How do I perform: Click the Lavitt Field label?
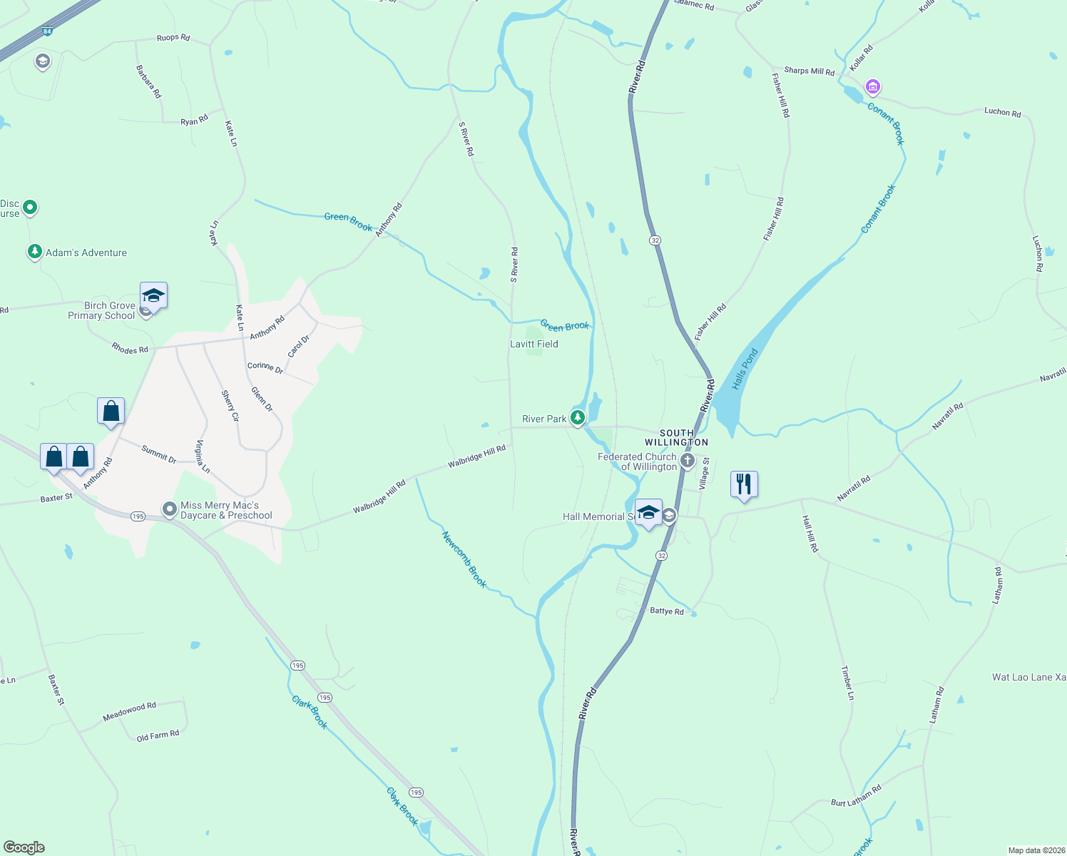pyautogui.click(x=533, y=344)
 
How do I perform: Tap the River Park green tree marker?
pyautogui.click(x=578, y=418)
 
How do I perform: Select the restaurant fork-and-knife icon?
pyautogui.click(x=744, y=484)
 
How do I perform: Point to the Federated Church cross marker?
pyautogui.click(x=687, y=460)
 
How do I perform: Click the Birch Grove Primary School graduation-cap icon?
pyautogui.click(x=153, y=295)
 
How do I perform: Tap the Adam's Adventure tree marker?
pyautogui.click(x=34, y=252)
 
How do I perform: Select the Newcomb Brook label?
pyautogui.click(x=464, y=559)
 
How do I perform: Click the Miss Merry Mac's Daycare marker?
pyautogui.click(x=170, y=509)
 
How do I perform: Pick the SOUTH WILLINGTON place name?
pyautogui.click(x=676, y=437)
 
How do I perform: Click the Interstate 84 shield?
pyautogui.click(x=47, y=31)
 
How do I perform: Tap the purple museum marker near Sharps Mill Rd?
pyautogui.click(x=872, y=87)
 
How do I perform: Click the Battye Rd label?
pyautogui.click(x=667, y=611)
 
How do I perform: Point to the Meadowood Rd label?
pyautogui.click(x=129, y=710)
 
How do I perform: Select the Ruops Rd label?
pyautogui.click(x=173, y=37)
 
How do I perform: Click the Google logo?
pyautogui.click(x=24, y=847)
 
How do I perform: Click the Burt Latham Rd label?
pyautogui.click(x=856, y=795)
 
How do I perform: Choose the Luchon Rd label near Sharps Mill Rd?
pyautogui.click(x=1002, y=112)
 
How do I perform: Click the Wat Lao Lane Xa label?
pyautogui.click(x=1028, y=677)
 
